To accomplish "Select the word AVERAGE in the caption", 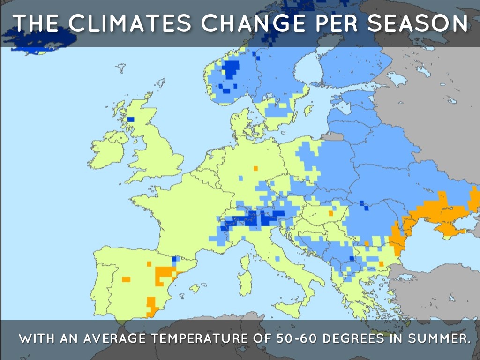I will (108, 338).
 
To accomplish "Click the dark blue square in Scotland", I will (130, 120).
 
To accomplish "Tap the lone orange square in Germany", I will (255, 168).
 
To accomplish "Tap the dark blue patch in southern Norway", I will (230, 70).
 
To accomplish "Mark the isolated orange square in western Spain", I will (126, 279).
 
